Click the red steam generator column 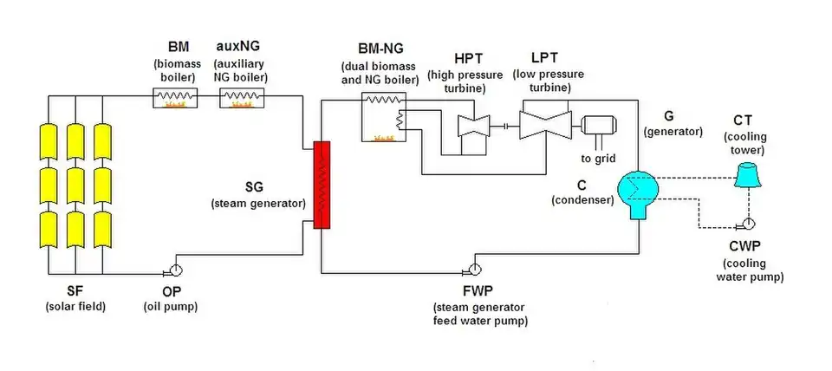pos(322,185)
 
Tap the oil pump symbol pos(176,269)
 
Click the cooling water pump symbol pos(745,222)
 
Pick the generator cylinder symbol pos(599,127)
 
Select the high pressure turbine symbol pos(474,125)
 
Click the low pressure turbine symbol pos(543,125)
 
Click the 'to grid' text pos(598,158)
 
